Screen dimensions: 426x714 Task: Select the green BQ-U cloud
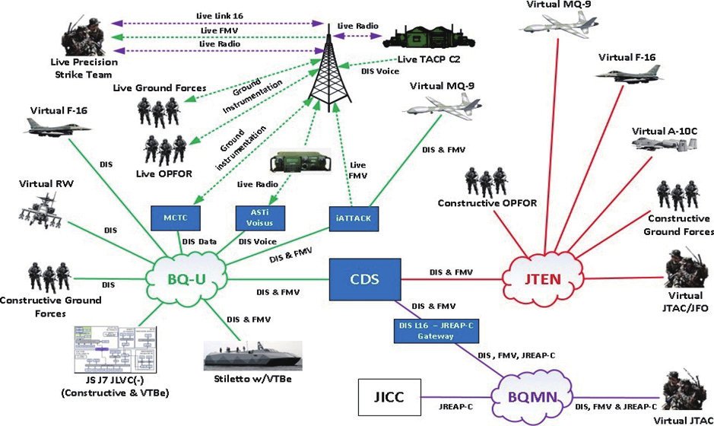[186, 278]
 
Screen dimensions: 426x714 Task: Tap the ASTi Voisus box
[262, 218]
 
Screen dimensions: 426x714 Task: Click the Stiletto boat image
[255, 356]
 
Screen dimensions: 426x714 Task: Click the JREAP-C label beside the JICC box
[457, 407]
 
